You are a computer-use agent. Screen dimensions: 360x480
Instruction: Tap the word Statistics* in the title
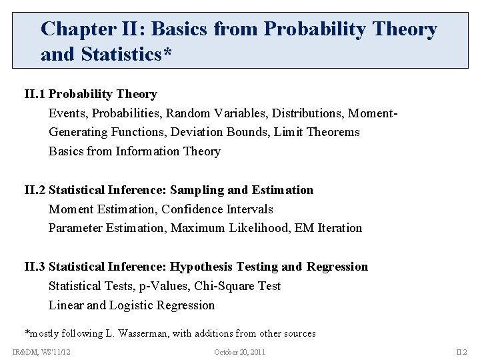coord(127,54)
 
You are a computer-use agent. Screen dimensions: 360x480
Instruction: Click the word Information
coord(148,151)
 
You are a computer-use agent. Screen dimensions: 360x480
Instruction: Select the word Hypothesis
coord(203,267)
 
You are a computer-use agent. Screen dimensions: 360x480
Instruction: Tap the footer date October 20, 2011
coord(240,352)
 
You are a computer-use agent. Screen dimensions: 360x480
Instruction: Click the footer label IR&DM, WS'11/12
coord(41,352)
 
